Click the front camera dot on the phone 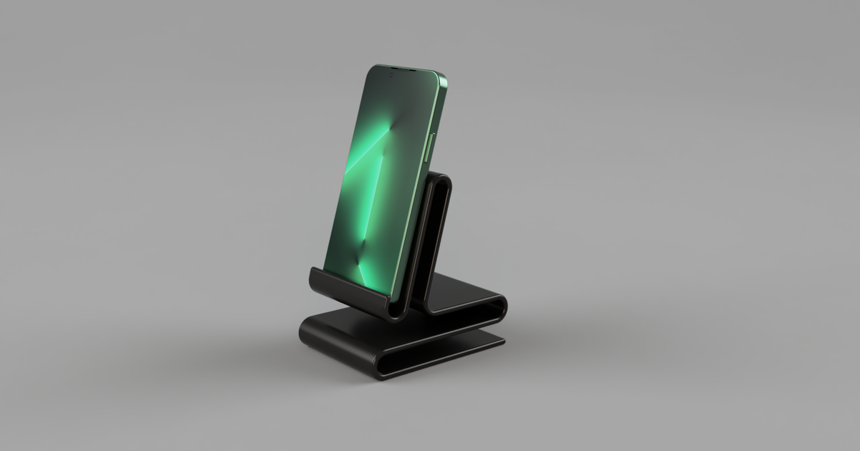pos(392,70)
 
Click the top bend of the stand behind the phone pos(442,179)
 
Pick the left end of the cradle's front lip pos(314,274)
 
